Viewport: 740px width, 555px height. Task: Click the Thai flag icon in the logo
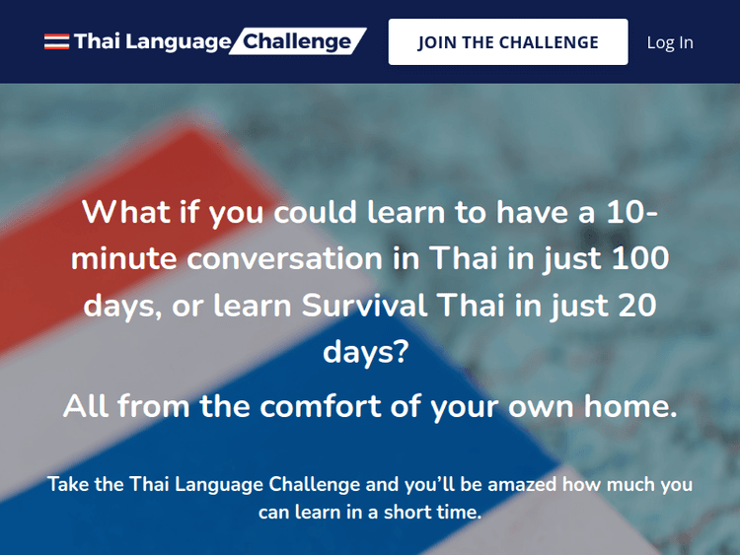[56, 42]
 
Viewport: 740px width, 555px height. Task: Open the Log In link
[670, 42]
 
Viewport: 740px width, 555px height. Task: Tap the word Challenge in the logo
[297, 41]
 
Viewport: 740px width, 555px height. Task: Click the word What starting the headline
[123, 212]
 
